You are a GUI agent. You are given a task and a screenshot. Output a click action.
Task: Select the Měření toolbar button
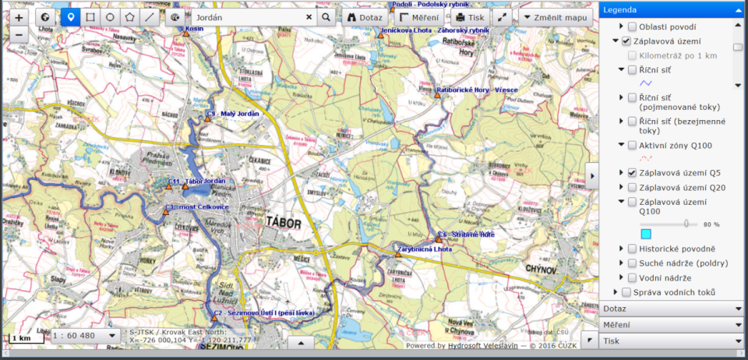click(418, 17)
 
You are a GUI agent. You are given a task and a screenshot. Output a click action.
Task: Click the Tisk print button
click(470, 17)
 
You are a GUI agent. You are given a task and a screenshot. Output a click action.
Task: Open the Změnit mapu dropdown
click(554, 17)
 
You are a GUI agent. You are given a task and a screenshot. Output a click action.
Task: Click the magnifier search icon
click(326, 17)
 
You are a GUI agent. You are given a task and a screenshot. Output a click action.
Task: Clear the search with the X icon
click(309, 17)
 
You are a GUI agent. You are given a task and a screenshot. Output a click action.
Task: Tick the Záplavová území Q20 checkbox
click(632, 187)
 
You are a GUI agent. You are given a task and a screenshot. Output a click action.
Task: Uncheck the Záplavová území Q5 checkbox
click(632, 172)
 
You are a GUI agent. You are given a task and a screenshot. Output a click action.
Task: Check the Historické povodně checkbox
click(632, 249)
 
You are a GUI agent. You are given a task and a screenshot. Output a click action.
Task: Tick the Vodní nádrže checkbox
click(632, 277)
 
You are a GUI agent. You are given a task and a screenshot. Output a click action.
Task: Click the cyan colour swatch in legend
click(645, 234)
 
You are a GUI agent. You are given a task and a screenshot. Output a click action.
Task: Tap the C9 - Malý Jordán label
click(232, 114)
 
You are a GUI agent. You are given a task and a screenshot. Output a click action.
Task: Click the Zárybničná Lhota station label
click(425, 249)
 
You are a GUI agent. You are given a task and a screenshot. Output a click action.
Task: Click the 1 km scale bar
click(22, 338)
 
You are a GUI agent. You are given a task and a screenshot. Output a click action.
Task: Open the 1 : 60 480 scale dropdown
click(85, 336)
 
